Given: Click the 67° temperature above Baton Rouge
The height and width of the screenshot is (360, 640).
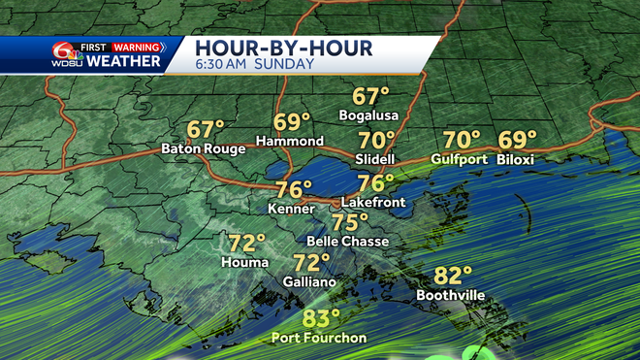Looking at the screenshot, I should tap(206, 129).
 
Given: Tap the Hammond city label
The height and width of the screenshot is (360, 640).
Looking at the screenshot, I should tap(290, 142).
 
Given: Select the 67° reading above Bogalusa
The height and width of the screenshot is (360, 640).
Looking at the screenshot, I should tap(370, 97).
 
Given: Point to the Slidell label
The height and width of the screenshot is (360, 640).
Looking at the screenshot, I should tap(375, 158).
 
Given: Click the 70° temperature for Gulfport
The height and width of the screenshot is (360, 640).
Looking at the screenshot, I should tap(462, 140).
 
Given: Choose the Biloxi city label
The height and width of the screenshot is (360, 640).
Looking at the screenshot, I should tap(517, 158).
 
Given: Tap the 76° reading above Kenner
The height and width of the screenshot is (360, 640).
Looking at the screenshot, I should tap(295, 189).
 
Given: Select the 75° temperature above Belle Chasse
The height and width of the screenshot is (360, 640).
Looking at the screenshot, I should tap(350, 222).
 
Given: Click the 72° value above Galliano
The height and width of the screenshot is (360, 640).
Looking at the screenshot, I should tap(311, 263).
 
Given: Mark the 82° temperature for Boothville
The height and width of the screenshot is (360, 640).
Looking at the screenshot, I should tap(454, 277).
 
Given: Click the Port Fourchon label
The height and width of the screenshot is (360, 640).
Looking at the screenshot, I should tap(320, 338).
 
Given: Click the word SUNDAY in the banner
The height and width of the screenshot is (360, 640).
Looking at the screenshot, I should tap(286, 65).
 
